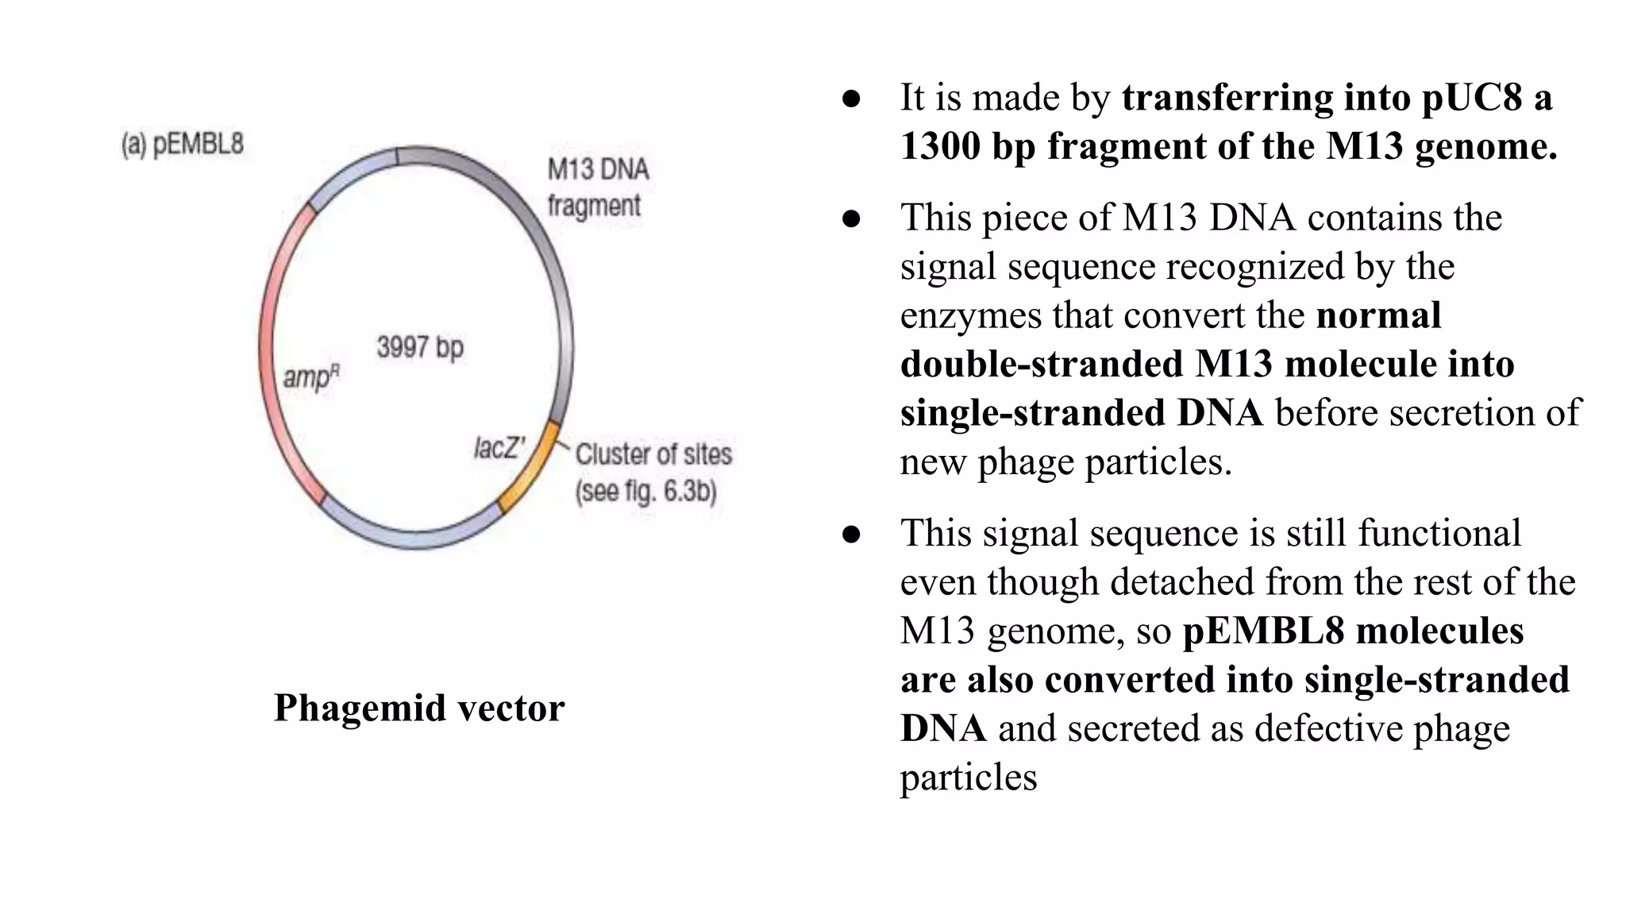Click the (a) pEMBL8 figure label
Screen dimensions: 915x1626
[182, 145]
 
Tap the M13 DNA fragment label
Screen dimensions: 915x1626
[597, 187]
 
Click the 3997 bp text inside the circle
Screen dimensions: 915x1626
[419, 348]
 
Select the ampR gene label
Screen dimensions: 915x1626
[310, 376]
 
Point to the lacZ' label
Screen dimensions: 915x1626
[499, 449]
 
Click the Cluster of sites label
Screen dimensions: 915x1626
[653, 454]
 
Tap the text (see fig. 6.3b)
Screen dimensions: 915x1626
[645, 492]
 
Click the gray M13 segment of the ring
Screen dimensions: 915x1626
[548, 254]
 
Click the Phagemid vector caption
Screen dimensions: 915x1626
[418, 708]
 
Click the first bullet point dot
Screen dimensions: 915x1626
[851, 98]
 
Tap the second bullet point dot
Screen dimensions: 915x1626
[851, 218]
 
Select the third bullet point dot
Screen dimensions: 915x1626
[851, 534]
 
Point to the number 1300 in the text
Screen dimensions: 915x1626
[940, 147]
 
